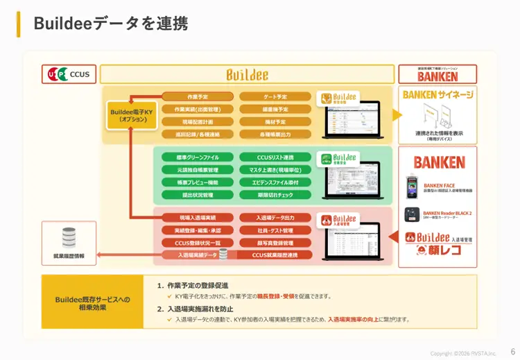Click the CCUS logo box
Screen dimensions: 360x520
(x=69, y=74)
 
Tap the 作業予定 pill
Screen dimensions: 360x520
(x=198, y=96)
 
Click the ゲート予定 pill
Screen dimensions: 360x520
(x=275, y=96)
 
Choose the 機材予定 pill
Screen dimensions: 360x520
(x=275, y=121)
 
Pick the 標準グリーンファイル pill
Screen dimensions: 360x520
(x=198, y=157)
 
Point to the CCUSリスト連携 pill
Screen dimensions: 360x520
(x=275, y=157)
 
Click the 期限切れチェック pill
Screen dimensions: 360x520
(x=275, y=195)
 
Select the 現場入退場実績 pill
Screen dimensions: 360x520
(x=198, y=218)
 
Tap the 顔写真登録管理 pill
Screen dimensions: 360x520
(x=275, y=243)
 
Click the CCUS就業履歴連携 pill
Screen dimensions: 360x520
(x=275, y=255)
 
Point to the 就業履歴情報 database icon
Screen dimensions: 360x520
(x=69, y=238)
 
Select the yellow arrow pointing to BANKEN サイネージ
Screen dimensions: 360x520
(x=397, y=115)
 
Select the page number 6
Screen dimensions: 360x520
(x=512, y=352)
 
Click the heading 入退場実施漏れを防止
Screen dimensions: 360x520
(x=201, y=309)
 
